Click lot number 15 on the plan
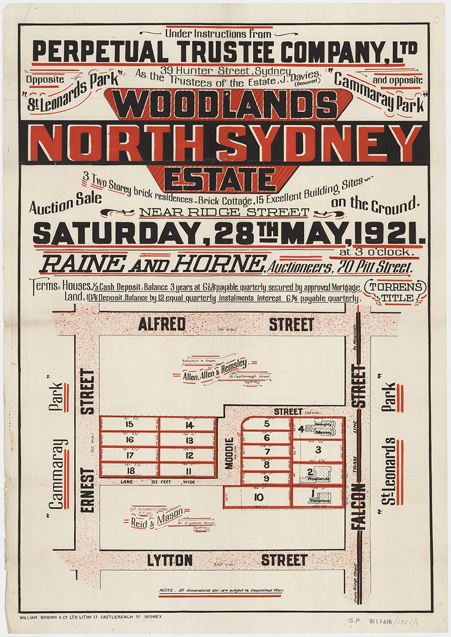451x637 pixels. click(129, 424)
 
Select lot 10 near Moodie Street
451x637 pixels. click(259, 497)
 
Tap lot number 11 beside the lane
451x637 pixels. click(189, 470)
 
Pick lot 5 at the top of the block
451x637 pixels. click(267, 424)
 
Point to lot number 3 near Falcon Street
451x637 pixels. click(318, 450)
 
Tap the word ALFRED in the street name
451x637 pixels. click(161, 324)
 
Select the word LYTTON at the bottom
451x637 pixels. click(170, 560)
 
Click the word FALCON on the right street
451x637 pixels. click(358, 506)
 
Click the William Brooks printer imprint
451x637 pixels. click(90, 617)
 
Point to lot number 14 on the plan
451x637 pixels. click(189, 424)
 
